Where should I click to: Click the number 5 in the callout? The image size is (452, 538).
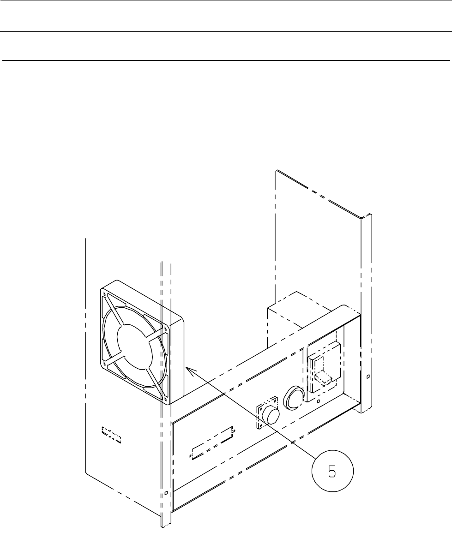tap(332, 473)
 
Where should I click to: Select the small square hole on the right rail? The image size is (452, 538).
tap(368, 377)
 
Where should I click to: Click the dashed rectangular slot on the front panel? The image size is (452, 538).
tap(212, 444)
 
